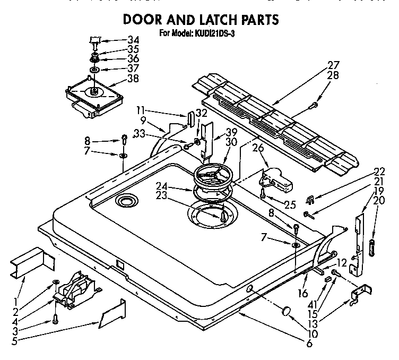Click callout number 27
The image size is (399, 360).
(x=333, y=65)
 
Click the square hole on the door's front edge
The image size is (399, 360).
(x=120, y=263)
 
